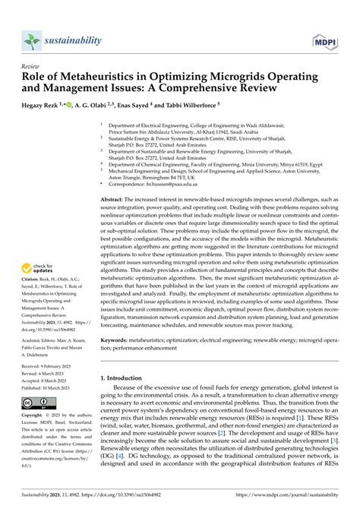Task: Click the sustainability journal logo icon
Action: (30, 40)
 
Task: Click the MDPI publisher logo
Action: (326, 40)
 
